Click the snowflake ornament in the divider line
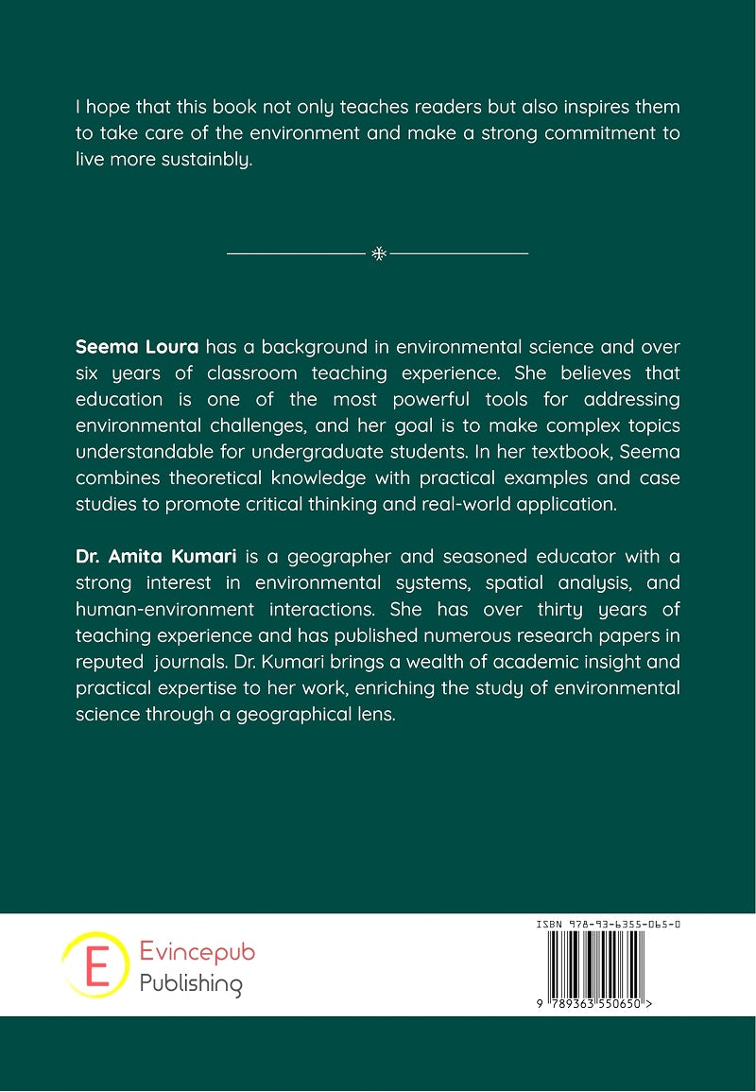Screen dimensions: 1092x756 [x=378, y=253]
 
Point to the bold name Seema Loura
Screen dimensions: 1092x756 [x=137, y=347]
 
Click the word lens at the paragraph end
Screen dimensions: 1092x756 [x=369, y=715]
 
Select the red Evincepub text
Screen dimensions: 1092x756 [x=198, y=953]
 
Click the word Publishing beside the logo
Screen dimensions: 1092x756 [x=191, y=984]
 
